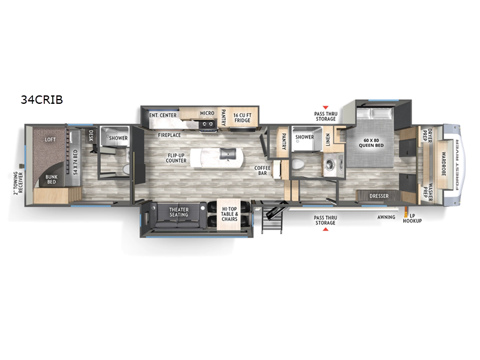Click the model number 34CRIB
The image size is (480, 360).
[41, 100]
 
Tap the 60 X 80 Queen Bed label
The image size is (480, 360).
[371, 143]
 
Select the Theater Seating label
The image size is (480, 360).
[179, 212]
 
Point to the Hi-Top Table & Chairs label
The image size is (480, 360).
[229, 214]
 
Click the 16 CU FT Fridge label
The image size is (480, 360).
[242, 118]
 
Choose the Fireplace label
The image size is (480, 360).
[169, 135]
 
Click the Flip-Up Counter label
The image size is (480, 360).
[176, 158]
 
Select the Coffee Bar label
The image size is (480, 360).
[262, 170]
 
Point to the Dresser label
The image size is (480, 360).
[379, 196]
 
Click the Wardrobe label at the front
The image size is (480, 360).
[443, 163]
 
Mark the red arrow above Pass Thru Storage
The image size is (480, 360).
[325, 107]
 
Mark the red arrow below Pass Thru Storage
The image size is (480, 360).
[325, 229]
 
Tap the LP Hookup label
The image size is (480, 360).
[412, 218]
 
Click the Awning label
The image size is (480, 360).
[386, 217]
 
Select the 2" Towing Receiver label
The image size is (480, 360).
[18, 183]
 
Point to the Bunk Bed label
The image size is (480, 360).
[51, 179]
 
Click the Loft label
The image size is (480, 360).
[50, 140]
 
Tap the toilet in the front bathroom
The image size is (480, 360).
[297, 164]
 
